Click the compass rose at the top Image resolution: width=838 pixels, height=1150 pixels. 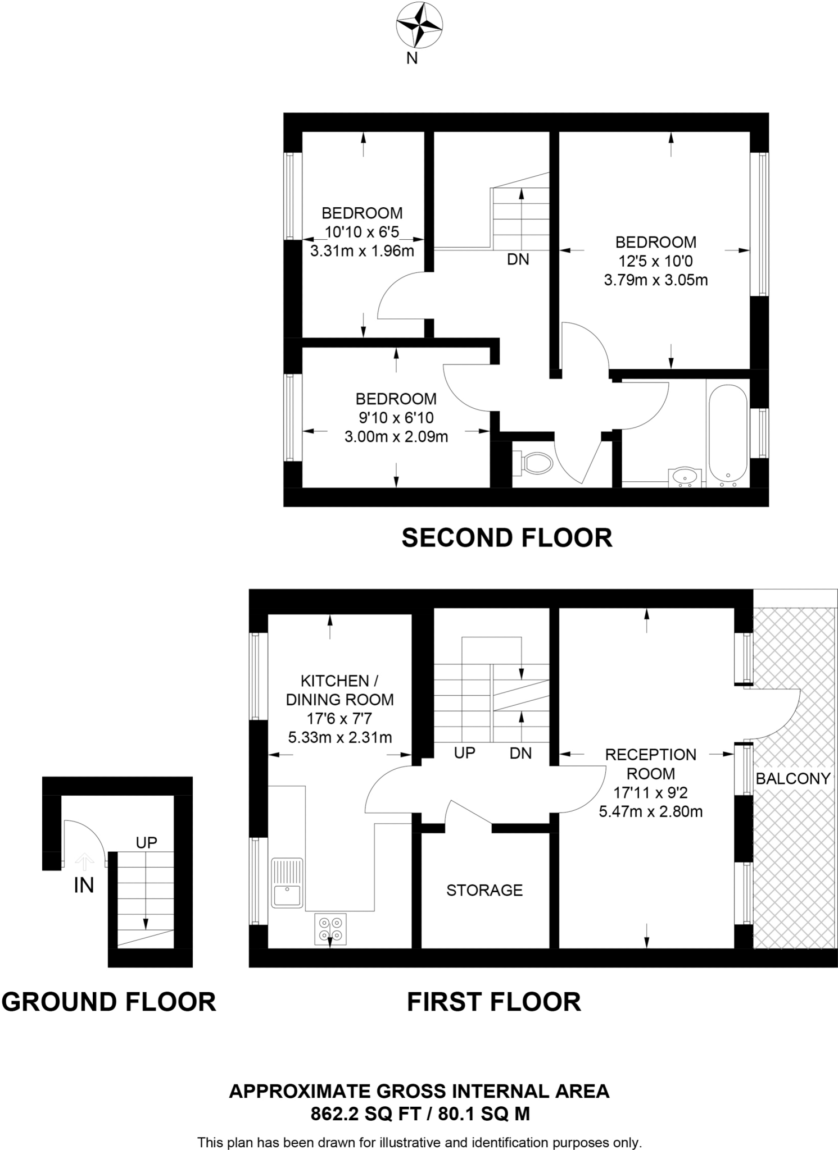[419, 25]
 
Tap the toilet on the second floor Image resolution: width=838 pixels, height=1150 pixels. [537, 463]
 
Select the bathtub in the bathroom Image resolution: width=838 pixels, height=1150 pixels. [728, 431]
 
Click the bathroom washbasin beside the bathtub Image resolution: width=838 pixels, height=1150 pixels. [685, 477]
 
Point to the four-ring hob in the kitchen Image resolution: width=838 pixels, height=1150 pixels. [330, 929]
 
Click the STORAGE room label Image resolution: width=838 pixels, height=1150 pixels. [484, 890]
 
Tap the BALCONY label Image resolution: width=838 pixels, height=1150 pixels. [793, 778]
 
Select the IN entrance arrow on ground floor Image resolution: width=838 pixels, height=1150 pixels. [84, 861]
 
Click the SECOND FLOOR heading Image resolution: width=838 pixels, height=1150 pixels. [507, 538]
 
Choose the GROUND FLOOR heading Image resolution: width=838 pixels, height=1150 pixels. [108, 1002]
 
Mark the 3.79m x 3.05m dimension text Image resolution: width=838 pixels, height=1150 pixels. [656, 280]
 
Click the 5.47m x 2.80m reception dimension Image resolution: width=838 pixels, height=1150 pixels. [651, 811]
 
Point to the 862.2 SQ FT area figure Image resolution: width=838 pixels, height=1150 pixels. [365, 1114]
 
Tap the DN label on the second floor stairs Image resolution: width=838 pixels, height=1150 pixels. [518, 259]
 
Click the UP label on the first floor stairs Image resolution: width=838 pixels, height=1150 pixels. [465, 753]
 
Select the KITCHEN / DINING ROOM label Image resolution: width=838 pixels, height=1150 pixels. [339, 690]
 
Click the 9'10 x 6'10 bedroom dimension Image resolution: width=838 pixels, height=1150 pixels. [396, 418]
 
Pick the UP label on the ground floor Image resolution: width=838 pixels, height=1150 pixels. [147, 842]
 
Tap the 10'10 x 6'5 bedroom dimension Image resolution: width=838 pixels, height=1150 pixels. [362, 232]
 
